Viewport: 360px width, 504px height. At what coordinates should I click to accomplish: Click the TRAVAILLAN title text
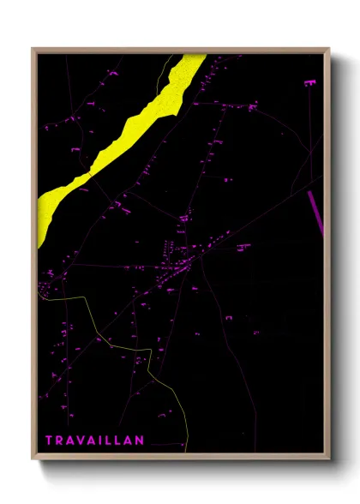pyautogui.click(x=94, y=441)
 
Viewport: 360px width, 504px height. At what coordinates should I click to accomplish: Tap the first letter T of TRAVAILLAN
pyautogui.click(x=49, y=441)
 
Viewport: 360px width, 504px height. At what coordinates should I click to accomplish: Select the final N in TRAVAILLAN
pyautogui.click(x=140, y=441)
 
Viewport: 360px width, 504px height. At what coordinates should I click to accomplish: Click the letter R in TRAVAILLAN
pyautogui.click(x=59, y=441)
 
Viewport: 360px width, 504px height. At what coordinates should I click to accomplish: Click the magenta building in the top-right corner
pyautogui.click(x=309, y=82)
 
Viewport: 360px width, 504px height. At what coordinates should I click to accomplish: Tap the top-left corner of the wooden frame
pyautogui.click(x=33, y=50)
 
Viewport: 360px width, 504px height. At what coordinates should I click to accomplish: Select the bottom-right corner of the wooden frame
pyautogui.click(x=328, y=457)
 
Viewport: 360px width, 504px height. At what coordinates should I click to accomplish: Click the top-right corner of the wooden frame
pyautogui.click(x=328, y=50)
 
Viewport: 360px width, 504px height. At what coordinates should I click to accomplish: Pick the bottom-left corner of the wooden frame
pyautogui.click(x=33, y=457)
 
